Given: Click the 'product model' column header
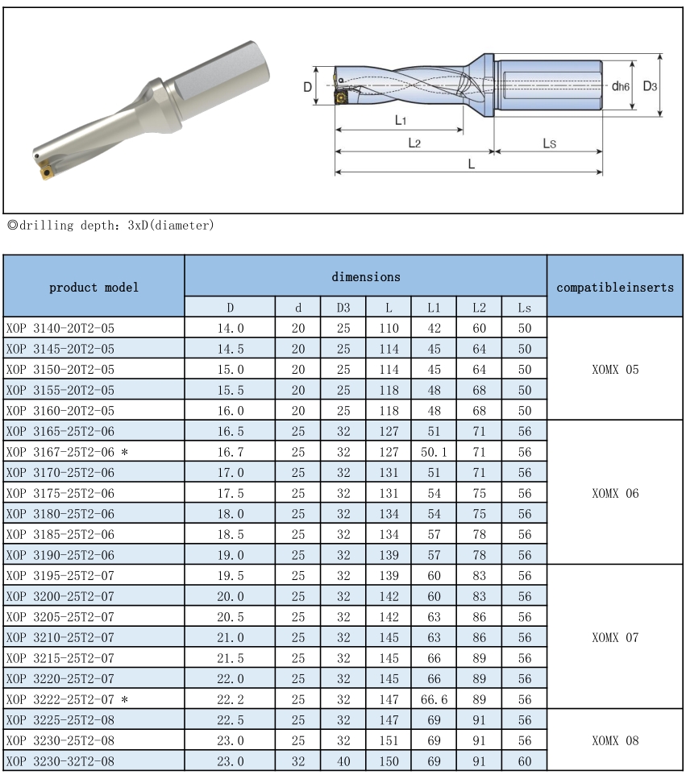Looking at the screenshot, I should tap(94, 287).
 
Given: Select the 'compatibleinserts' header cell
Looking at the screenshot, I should tap(615, 287).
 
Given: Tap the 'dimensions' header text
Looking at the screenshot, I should tap(365, 276).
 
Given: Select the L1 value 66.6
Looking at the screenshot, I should tap(434, 698).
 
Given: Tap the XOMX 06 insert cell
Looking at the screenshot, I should tap(615, 493).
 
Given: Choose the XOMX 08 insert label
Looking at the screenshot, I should tap(615, 740).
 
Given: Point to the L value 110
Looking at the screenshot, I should tap(389, 328).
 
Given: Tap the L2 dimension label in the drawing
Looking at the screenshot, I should tap(414, 143).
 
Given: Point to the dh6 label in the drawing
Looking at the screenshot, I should tap(620, 85).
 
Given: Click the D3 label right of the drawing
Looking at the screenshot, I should tap(650, 85).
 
